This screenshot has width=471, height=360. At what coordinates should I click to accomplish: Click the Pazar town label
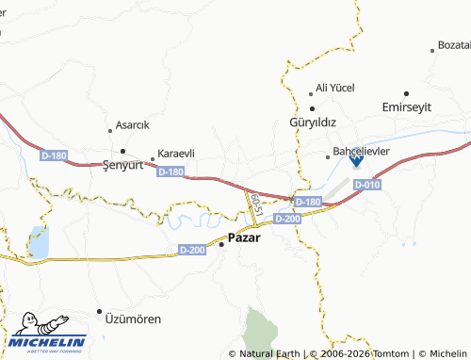point(244,238)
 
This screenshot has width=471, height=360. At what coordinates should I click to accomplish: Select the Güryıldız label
point(313,123)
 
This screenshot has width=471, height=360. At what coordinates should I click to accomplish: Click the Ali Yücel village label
point(334,88)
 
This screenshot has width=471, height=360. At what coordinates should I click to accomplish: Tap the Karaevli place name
point(176,154)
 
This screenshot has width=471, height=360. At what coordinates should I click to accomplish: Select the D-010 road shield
point(367,186)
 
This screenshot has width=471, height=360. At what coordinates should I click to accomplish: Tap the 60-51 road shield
point(253,202)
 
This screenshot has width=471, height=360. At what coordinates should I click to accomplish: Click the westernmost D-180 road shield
point(54,154)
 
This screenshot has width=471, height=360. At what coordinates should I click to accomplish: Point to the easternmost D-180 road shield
point(307,202)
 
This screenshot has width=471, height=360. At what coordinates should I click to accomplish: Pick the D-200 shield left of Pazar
point(191,250)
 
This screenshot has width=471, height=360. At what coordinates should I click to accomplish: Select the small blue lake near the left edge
point(39,242)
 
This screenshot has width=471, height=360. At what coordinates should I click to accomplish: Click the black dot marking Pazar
point(221,243)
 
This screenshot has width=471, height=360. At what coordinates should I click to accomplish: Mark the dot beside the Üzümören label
point(99,311)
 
